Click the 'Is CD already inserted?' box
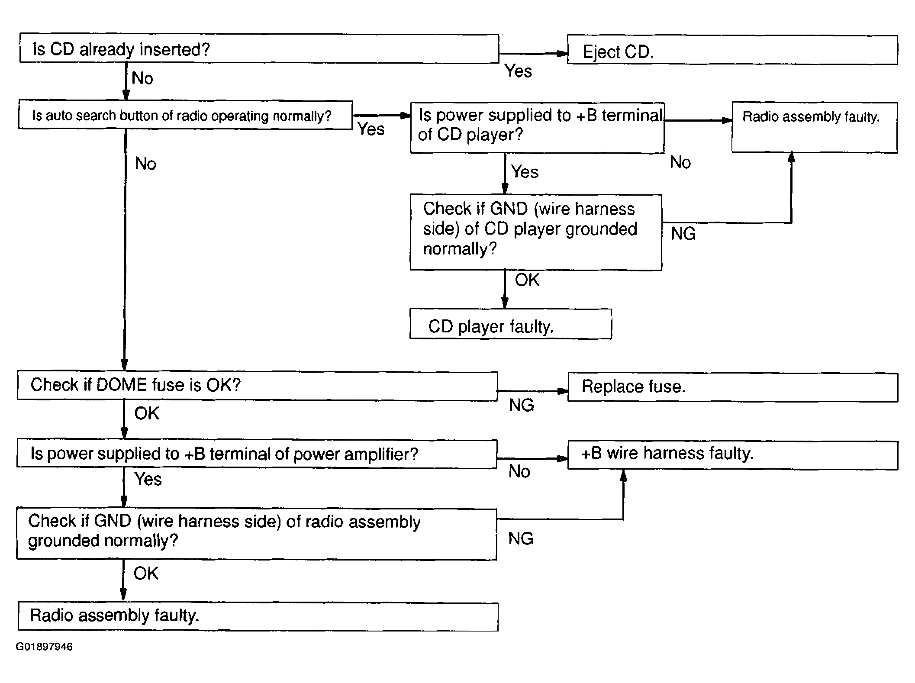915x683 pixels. (259, 48)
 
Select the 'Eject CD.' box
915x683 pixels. (732, 50)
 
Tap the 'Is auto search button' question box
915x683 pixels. (185, 115)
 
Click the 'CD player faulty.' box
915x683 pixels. (511, 324)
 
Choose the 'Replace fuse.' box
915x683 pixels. (733, 387)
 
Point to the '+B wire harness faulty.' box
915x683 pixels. (733, 455)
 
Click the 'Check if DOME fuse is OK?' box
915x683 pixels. (257, 385)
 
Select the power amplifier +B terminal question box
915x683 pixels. (257, 454)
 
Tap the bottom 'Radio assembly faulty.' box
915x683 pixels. (258, 616)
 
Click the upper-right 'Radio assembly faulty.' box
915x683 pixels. (815, 127)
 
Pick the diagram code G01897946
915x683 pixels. (44, 647)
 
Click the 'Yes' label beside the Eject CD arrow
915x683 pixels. (518, 71)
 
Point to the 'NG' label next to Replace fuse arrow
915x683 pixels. (521, 405)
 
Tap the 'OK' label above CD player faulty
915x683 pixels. (527, 280)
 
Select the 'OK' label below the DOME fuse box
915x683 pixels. (147, 413)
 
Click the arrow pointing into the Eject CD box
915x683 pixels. (533, 54)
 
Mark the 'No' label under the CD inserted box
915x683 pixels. (142, 78)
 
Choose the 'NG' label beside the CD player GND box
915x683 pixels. (683, 234)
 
